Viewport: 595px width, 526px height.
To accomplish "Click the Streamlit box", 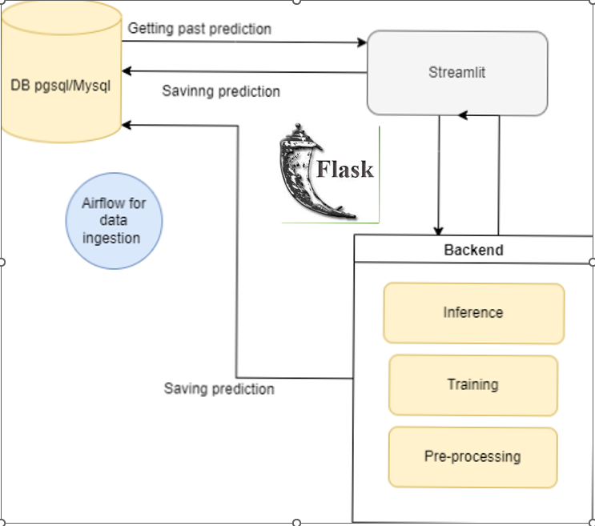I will pos(457,73).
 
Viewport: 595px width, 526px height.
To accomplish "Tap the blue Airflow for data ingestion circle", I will pos(114,220).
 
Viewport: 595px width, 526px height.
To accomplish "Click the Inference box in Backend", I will pos(473,312).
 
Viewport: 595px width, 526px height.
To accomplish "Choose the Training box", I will pos(472,385).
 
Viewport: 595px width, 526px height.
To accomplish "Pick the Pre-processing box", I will pos(472,457).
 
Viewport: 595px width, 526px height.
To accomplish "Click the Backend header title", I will pos(473,250).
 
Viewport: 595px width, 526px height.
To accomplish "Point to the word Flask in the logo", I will pos(345,169).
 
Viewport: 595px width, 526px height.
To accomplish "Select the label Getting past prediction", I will pos(199,29).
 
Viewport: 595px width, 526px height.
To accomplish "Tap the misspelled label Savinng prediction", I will pos(221,91).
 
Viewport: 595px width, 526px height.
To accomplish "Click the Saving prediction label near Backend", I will pos(219,389).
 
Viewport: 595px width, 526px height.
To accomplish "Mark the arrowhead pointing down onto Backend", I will pos(439,231).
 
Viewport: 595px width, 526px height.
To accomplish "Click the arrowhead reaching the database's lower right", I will pos(127,125).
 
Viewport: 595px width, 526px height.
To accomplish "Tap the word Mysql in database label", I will pos(92,84).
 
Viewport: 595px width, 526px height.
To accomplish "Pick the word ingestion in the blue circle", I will pos(114,238).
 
